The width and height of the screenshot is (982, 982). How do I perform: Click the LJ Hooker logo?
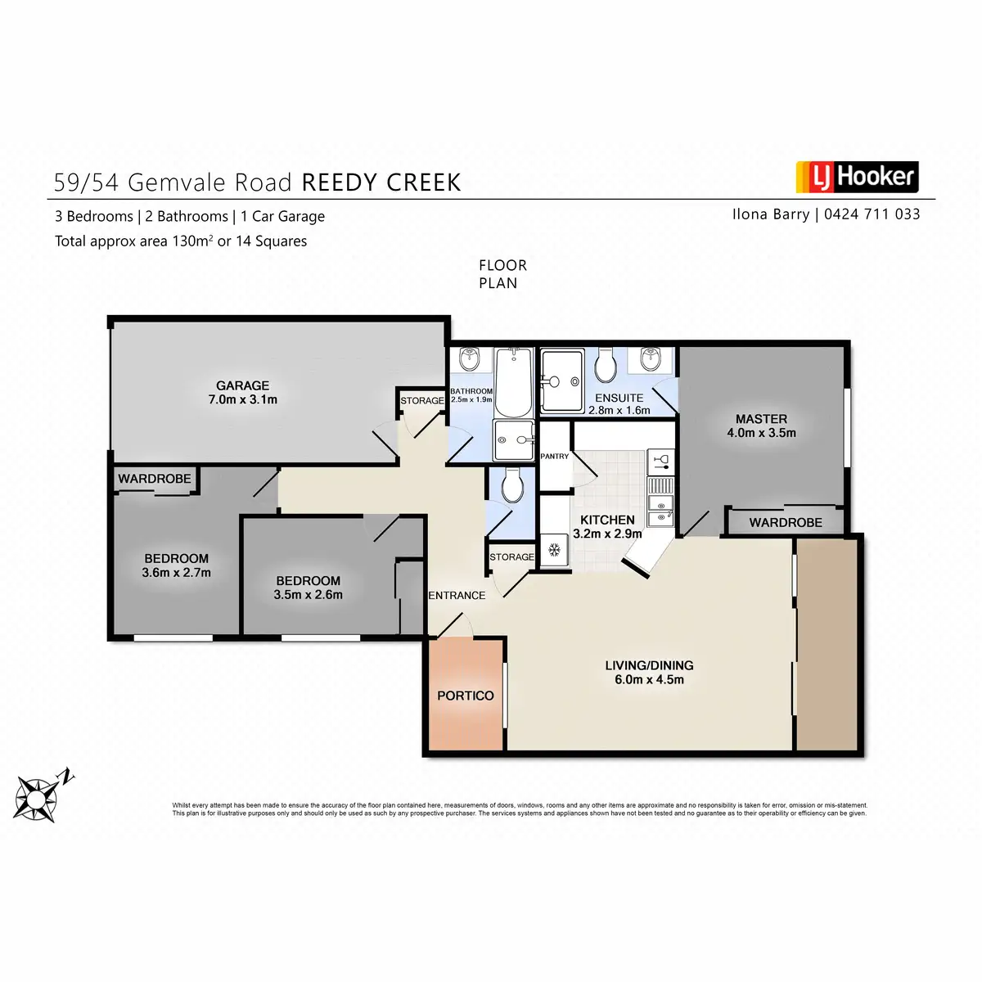point(857,177)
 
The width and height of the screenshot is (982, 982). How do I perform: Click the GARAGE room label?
point(242,385)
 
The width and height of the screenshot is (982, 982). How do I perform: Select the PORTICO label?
point(465,696)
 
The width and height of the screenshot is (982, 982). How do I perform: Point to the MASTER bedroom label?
point(761,418)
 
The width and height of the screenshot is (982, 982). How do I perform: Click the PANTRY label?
point(555,456)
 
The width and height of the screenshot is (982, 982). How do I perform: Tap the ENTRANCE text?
point(457,595)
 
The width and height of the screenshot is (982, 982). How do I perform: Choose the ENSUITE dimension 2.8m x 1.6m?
point(619,410)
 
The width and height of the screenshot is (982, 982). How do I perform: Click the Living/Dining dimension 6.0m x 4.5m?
point(649,679)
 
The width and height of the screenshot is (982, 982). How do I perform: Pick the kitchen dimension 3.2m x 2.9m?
point(607,534)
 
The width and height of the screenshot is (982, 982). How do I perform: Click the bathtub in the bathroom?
point(513,381)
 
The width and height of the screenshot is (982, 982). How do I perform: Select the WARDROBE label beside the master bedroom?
point(785,522)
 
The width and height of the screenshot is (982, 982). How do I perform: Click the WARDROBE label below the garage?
point(155,479)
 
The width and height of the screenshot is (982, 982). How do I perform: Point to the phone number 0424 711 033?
point(872,214)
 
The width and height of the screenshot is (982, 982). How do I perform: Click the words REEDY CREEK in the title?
point(381,182)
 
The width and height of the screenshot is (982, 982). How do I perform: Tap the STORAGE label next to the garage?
point(422,400)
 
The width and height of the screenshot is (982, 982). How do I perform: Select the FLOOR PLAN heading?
point(502,274)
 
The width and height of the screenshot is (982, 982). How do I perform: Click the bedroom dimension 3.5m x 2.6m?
point(308,595)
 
